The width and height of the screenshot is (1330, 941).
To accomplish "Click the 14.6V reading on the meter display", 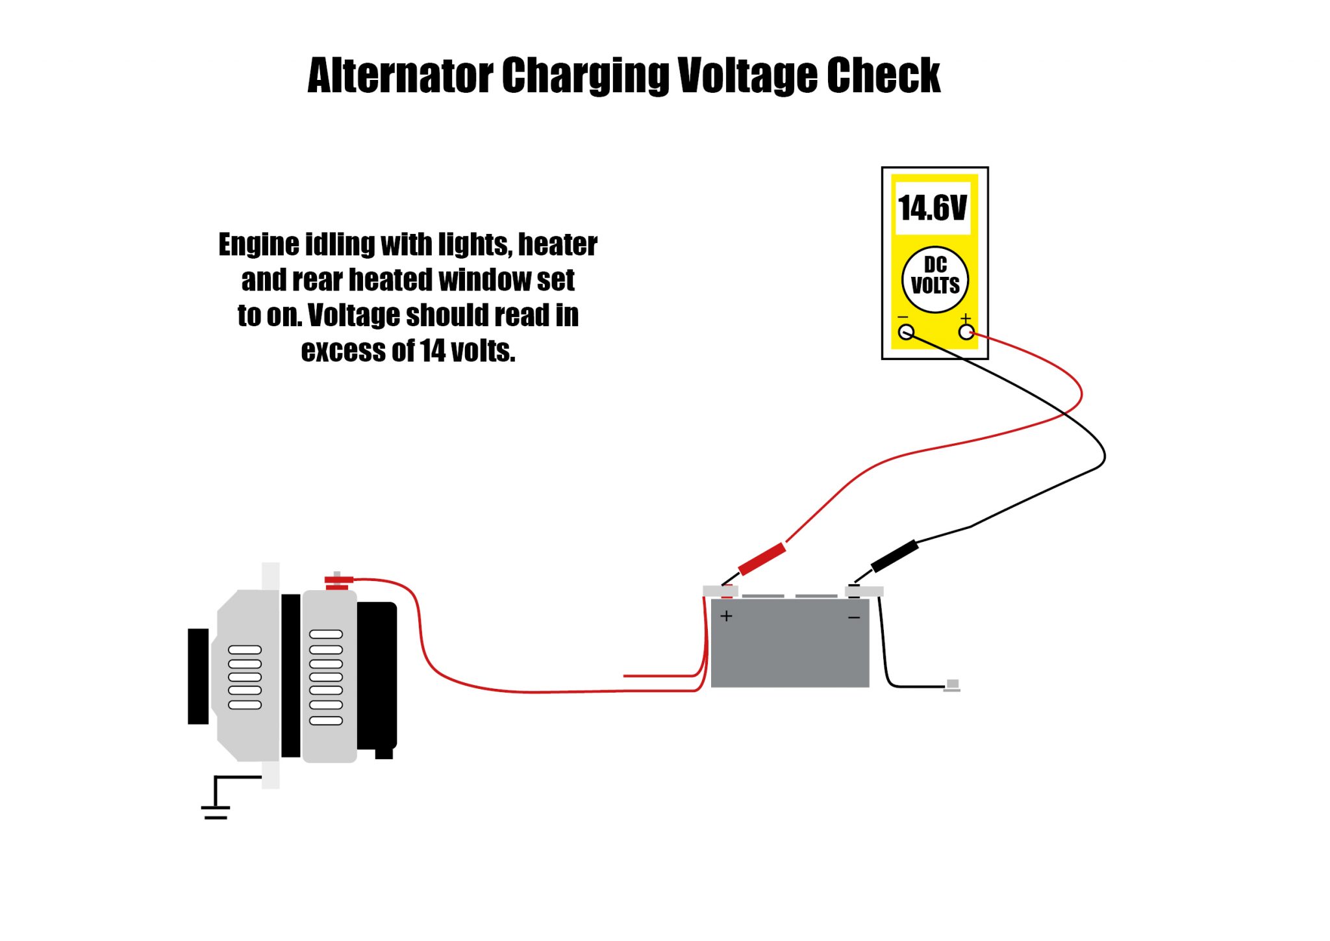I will point(933,208).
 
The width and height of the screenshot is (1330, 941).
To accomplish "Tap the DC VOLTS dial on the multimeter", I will point(935,279).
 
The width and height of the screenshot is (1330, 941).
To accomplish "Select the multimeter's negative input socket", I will point(906,333).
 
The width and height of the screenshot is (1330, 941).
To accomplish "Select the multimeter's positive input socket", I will point(966,333).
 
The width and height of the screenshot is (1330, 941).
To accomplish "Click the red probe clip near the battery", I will point(762,559).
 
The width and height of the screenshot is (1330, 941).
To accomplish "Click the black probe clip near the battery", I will point(895,556).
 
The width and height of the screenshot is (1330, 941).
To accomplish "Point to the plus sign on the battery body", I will point(726,615).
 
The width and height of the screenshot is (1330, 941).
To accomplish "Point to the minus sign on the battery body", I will point(854,617).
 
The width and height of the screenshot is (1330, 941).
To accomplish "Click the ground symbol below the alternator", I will point(216,812).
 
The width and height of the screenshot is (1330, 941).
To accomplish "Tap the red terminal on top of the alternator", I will point(338,580).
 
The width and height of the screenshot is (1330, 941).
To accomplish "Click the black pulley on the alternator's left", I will point(198,676).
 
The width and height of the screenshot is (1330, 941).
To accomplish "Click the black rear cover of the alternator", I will point(377,676).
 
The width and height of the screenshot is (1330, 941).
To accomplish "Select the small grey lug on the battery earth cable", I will point(952,685).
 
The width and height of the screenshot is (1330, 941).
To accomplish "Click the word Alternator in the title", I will point(400,76).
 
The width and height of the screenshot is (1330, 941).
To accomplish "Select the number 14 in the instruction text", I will point(433,351).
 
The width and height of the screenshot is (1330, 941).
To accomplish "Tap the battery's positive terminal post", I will point(727,591).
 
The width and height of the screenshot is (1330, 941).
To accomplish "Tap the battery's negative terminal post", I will point(855,591).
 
